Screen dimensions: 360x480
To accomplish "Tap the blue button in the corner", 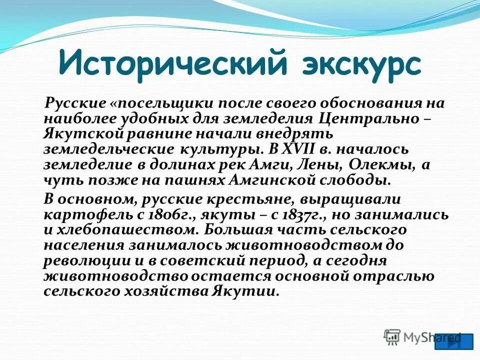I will (453, 341).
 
